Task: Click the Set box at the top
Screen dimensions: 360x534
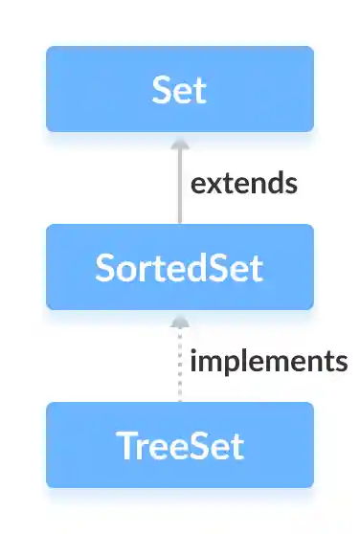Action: [x=179, y=89]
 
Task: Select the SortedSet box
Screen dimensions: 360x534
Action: [x=179, y=267]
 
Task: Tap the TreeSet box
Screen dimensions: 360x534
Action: [x=179, y=445]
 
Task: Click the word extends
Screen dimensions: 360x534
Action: [x=243, y=183]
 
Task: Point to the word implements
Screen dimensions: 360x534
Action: [x=268, y=362]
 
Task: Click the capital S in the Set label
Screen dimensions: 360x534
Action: [x=161, y=89]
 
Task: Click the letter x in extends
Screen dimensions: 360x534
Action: [x=214, y=183]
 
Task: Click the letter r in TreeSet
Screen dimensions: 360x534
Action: [x=141, y=447]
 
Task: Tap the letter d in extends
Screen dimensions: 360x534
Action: [x=272, y=182]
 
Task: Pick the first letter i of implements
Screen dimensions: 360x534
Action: [x=195, y=361]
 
